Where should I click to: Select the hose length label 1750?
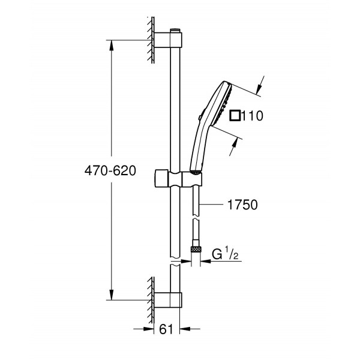click(243, 205)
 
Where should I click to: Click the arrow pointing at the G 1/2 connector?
click(206, 254)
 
